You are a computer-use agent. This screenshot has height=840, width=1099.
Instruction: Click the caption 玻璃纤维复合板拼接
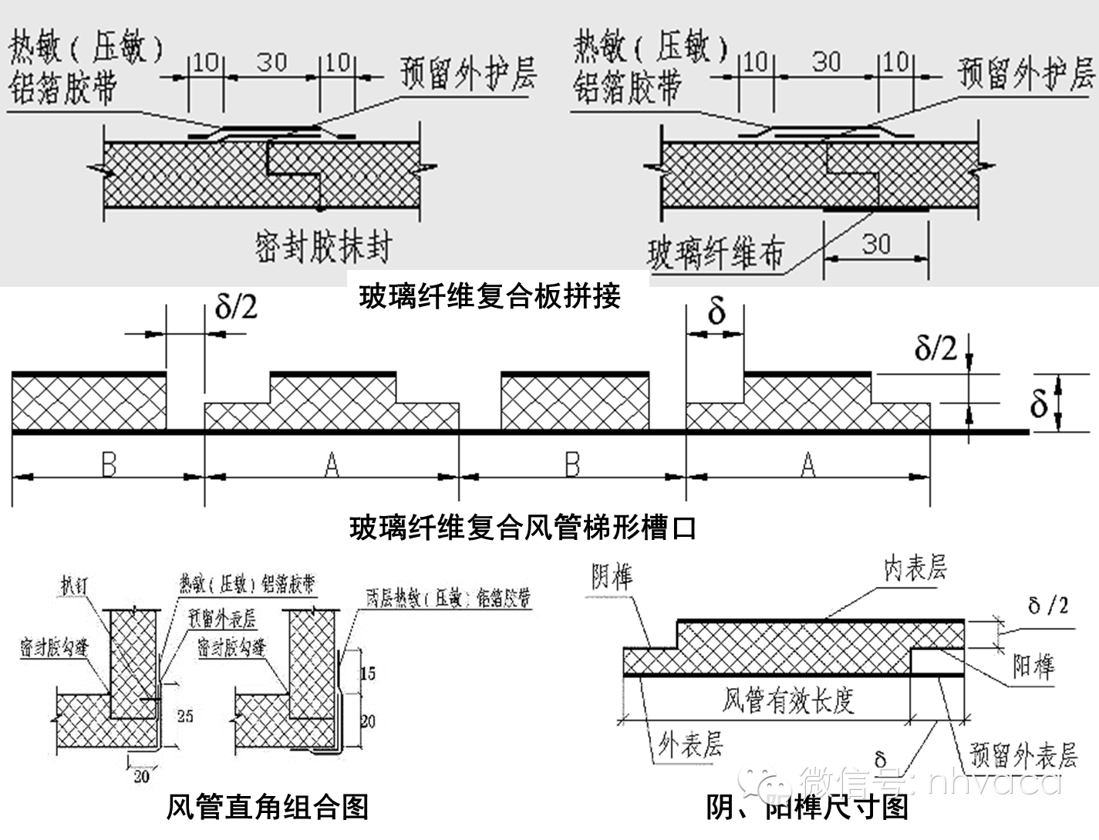click(x=490, y=295)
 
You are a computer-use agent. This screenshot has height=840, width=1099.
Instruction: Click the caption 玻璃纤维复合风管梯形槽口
click(x=524, y=528)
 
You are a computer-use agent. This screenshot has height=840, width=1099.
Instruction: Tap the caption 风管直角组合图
click(x=268, y=806)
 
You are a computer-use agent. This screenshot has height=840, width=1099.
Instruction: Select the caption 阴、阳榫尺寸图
click(x=807, y=807)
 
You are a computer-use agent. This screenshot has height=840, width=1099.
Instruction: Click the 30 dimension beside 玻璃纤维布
click(x=876, y=244)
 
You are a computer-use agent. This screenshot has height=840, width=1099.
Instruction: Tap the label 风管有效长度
click(x=787, y=700)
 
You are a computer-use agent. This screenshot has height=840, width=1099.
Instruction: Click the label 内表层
click(x=915, y=568)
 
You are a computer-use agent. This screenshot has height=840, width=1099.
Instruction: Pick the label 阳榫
click(x=1033, y=666)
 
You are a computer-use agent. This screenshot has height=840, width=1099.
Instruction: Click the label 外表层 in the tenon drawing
click(x=690, y=744)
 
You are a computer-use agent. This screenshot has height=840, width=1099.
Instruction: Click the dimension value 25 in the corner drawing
click(x=185, y=716)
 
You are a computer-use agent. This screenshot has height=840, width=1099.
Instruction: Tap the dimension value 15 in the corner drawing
click(x=368, y=673)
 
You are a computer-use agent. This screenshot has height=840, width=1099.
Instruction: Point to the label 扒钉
click(x=74, y=585)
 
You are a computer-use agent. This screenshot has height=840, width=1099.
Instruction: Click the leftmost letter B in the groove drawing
click(x=109, y=465)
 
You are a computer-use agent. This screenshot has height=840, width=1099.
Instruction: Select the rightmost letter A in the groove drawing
click(x=807, y=465)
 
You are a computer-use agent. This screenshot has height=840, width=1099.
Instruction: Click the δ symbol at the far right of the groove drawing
click(x=1039, y=403)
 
